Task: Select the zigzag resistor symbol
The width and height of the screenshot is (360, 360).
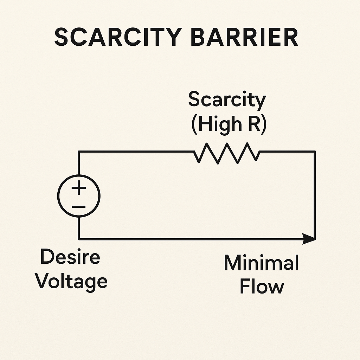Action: coord(227,153)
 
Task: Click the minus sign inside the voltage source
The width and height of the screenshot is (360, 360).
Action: coord(79,206)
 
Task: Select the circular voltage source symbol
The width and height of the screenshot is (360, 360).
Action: coord(79,197)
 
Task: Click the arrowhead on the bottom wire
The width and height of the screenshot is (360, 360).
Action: coord(309,239)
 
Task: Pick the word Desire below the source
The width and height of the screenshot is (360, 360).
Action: coord(70,258)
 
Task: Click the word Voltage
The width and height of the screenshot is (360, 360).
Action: coord(72,282)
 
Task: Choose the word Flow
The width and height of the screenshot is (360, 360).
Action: coord(262,287)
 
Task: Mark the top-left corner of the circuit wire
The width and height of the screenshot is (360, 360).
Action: coord(79,152)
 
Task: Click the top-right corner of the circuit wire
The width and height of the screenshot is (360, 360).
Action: coord(315,152)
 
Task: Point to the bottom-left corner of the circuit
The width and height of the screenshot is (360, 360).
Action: coord(79,239)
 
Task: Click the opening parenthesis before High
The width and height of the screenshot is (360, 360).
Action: coord(194,125)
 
